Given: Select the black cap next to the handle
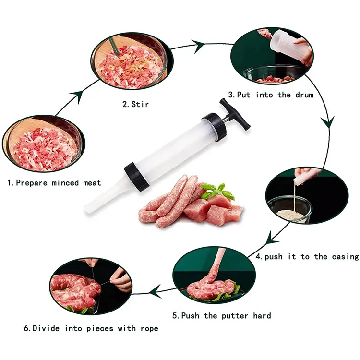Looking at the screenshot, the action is [x=214, y=127].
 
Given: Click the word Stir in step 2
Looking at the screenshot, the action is [x=140, y=104].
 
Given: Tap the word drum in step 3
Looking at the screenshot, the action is [x=304, y=95].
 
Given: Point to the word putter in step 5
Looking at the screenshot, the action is [x=235, y=316].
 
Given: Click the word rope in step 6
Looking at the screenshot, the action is [x=149, y=328].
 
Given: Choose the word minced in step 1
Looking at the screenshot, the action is [x=65, y=183].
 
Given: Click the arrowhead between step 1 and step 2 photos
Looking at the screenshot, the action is [x=77, y=96].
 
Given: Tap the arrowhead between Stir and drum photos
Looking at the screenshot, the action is [x=198, y=47].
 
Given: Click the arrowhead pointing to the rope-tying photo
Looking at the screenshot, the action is [x=155, y=291].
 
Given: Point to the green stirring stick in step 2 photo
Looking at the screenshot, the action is [x=114, y=47].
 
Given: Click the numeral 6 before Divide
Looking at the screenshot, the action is [x=26, y=328].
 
